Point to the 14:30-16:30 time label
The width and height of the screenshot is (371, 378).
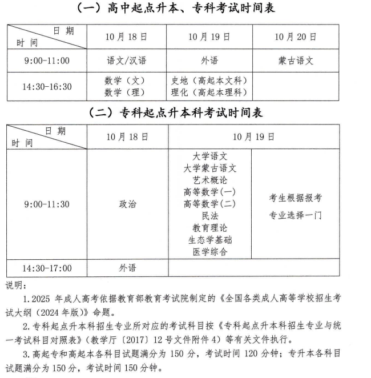pos(47,87)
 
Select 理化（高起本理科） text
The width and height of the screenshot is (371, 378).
pos(209,93)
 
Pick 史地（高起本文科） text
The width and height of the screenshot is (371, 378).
pos(209,81)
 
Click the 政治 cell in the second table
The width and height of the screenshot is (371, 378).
pos(128,204)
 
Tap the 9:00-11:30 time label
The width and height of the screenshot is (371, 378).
pos(47,204)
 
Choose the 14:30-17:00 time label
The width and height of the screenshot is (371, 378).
pos(47,268)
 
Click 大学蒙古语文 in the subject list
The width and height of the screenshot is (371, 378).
pos(209,168)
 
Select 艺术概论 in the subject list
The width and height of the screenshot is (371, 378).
pos(209,180)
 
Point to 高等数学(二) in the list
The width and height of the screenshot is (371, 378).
pos(209,204)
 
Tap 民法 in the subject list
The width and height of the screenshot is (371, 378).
pos(209,216)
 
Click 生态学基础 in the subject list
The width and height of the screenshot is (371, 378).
pos(209,240)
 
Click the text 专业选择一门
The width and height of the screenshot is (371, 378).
pos(296,215)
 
